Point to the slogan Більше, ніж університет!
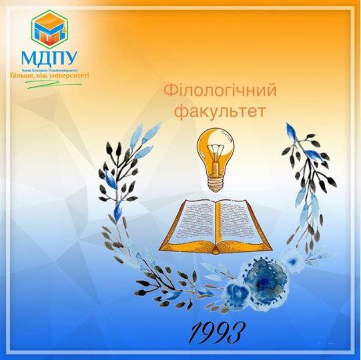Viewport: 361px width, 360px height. point(49,75)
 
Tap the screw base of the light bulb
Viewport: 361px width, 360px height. point(215,177)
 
